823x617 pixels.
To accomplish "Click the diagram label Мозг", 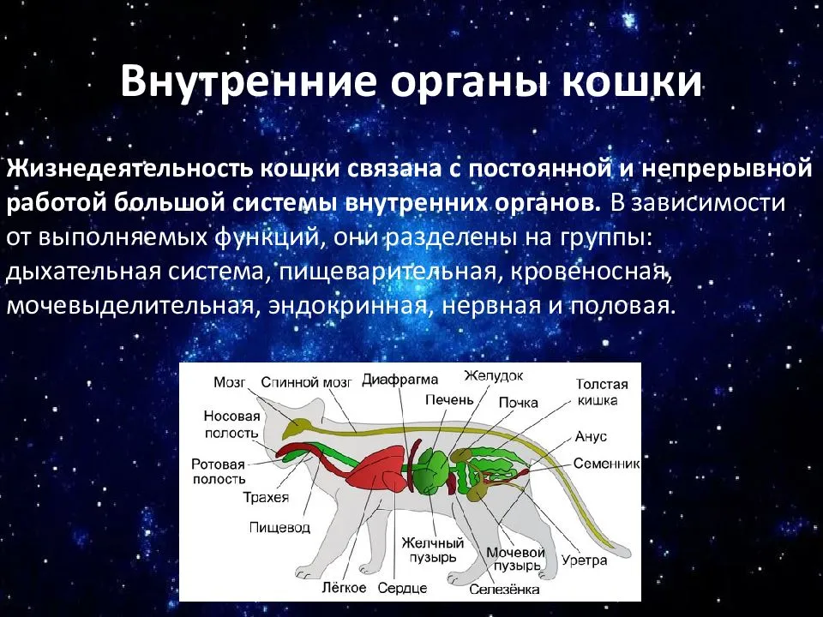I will [230, 383].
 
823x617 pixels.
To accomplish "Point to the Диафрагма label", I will [399, 380].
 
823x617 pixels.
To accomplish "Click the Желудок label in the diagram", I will [494, 375].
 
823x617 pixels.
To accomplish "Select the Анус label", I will [592, 436].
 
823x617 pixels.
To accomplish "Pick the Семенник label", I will [607, 464].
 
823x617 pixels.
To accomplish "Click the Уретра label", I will [586, 560].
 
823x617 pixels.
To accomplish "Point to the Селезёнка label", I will [504, 590].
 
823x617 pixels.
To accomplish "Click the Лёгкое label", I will [345, 588].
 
